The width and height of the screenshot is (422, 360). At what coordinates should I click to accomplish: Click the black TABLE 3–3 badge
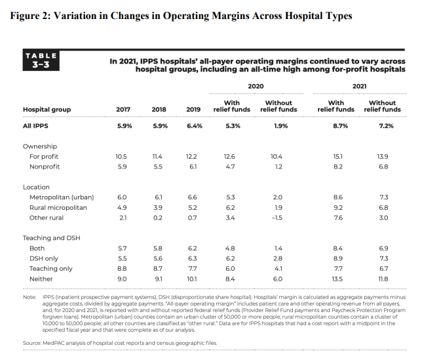pos(41,60)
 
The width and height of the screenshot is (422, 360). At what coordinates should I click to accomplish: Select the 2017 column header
pos(123,110)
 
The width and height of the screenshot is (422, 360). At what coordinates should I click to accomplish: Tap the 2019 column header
pos(193,110)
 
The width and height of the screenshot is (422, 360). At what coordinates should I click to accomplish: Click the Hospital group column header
pos(47,110)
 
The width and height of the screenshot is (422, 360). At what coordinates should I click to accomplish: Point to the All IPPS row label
pos(35,126)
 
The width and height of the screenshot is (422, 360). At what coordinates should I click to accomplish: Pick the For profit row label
pos(44,157)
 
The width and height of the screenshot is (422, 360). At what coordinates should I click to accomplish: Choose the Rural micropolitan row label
pos(58,208)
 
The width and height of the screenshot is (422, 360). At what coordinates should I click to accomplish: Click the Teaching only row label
pos(51,268)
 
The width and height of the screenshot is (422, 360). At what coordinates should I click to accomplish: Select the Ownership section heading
pos(40,146)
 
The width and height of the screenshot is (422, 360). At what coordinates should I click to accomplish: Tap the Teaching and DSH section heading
pos(51,238)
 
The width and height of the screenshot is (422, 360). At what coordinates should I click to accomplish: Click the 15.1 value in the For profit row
pos(337,157)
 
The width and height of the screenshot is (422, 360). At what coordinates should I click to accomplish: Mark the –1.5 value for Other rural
pos(277,218)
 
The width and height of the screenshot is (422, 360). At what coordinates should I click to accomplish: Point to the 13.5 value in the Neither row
pos(337,279)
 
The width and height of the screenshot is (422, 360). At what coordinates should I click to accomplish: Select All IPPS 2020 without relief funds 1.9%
pos(280,126)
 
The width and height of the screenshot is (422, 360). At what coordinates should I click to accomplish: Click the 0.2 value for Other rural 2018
pos(158,218)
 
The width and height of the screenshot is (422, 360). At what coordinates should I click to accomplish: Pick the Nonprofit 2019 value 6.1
pos(193,167)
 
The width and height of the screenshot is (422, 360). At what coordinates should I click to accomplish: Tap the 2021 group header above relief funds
pos(359,86)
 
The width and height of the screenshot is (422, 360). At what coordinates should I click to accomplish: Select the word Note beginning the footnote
pos(29,297)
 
